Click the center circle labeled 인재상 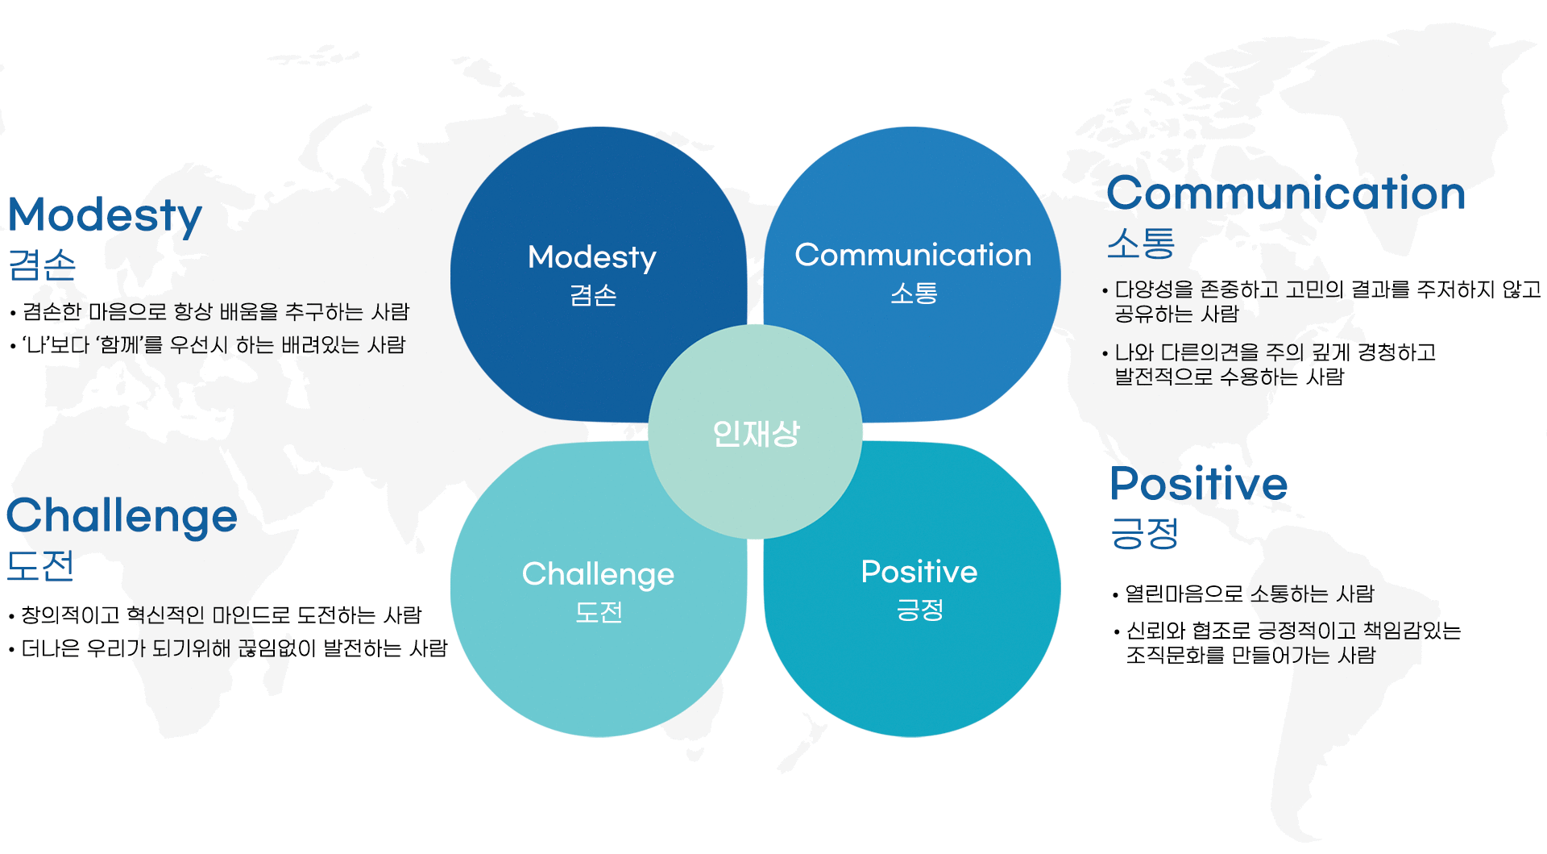click(x=755, y=431)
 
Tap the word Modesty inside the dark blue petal click(x=592, y=258)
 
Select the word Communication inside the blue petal click(x=913, y=255)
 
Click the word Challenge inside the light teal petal click(x=598, y=575)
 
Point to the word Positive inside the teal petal click(x=919, y=572)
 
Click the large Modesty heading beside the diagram click(x=105, y=215)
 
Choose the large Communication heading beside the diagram click(x=1286, y=194)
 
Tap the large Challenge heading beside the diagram click(x=122, y=517)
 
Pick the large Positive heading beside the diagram click(x=1199, y=484)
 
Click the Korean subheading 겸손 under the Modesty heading click(x=42, y=265)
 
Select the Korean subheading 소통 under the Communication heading click(x=1141, y=243)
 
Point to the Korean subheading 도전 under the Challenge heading click(x=40, y=565)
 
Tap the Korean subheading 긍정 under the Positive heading click(x=1144, y=533)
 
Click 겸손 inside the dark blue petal click(x=593, y=295)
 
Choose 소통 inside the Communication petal click(x=914, y=293)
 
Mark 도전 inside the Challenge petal click(x=599, y=612)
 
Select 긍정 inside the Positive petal click(x=919, y=610)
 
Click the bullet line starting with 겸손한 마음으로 click(x=209, y=312)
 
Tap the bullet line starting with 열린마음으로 click(x=1243, y=594)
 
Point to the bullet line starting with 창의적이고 click(x=215, y=615)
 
